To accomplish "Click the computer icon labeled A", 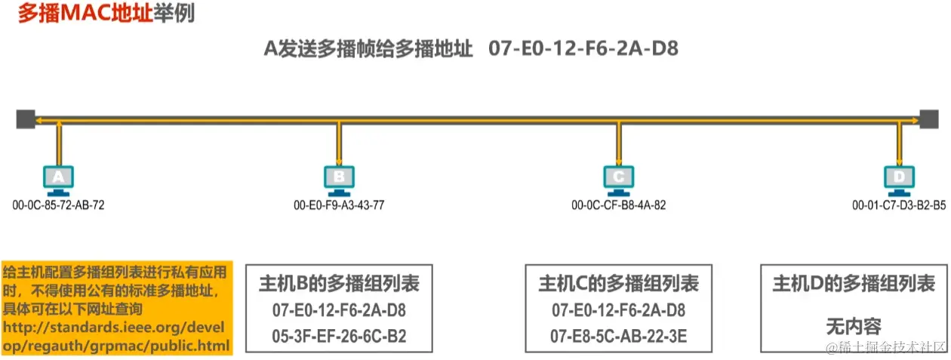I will coord(58,179).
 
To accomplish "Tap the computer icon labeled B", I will coord(339,179).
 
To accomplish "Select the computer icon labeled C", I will coord(619,179).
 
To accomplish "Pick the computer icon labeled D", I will coord(899,179).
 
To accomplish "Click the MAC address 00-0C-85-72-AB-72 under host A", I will coord(58,205).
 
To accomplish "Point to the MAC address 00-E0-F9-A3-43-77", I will coord(339,205).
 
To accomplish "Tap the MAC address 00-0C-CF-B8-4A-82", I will coord(619,205).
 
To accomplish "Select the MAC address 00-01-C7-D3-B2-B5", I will coord(899,205).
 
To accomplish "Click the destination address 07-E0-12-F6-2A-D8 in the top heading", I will coord(583,49).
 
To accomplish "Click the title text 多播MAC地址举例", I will coord(106,14).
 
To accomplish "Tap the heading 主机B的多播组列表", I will coord(339,284).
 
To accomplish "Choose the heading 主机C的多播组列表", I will coord(618,284).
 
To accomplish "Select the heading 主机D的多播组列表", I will coord(854,284).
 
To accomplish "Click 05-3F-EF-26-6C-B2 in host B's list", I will coord(339,336).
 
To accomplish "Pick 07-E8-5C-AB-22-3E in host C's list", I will coord(618,336).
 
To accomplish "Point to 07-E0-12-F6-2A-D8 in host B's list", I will coord(339,310).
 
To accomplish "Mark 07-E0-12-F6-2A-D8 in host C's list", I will coord(618,310).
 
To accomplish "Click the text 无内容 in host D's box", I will coord(854,327).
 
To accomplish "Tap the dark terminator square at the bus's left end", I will coord(26,118).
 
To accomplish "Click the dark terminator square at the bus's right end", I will coord(929,118).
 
